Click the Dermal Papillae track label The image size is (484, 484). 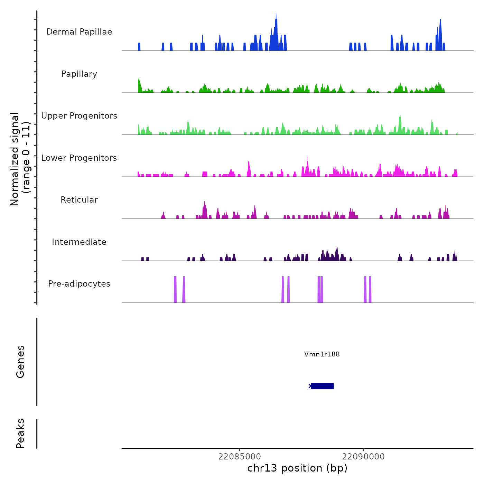(x=79, y=32)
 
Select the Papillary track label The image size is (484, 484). (x=79, y=74)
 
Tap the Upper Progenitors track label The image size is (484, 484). (x=79, y=116)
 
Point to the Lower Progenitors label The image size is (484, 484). (x=79, y=158)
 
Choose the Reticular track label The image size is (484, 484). (x=79, y=200)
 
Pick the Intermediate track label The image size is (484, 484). (x=79, y=242)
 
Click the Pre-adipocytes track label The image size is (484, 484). (x=79, y=284)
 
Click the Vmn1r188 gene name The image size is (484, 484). (x=322, y=354)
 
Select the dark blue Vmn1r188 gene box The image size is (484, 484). (x=322, y=386)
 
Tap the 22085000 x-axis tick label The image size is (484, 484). (x=240, y=457)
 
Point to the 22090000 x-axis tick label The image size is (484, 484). (x=363, y=457)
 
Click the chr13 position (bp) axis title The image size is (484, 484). (x=297, y=468)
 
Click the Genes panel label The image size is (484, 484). (x=20, y=362)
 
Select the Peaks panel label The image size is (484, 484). (x=20, y=434)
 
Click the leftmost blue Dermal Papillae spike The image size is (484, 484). (x=139, y=47)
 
